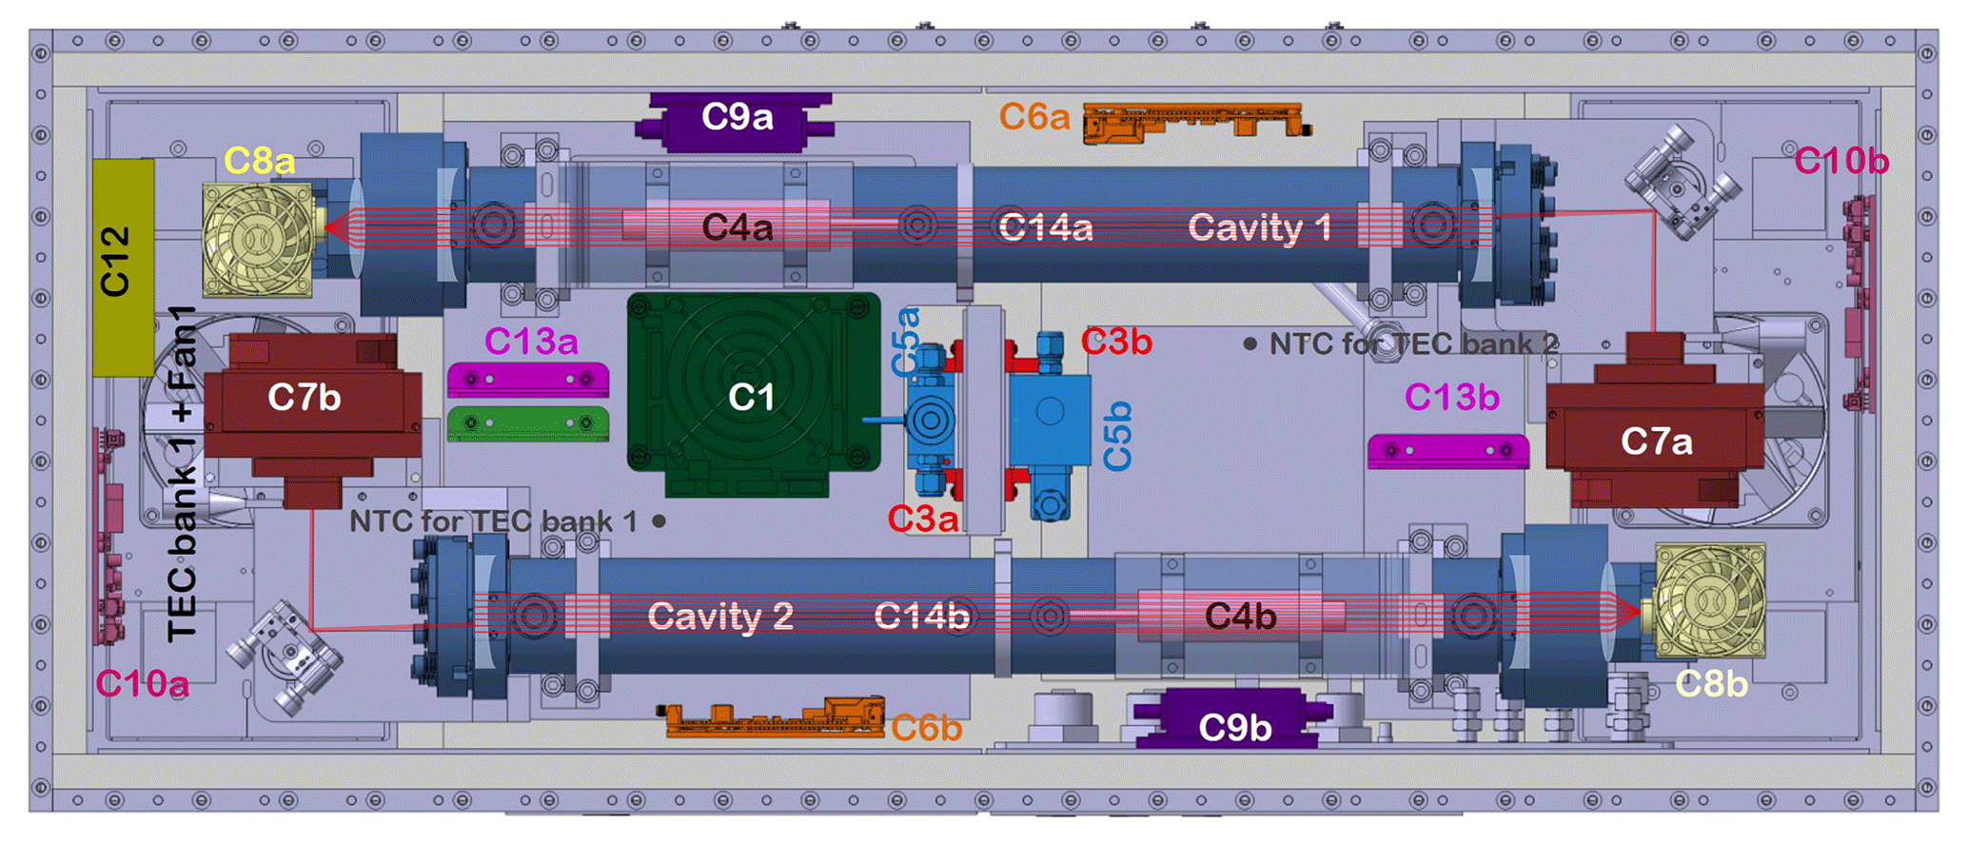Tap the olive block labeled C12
123,266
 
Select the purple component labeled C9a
738,119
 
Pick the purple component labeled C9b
1234,723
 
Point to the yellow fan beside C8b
1709,599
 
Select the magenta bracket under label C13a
528,380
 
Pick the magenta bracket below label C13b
1447,450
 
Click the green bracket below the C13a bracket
528,423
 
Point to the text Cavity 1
1258,228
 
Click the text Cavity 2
719,617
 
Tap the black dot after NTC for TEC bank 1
659,521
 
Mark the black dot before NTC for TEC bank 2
1250,343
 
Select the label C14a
1045,228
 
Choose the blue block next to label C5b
1050,419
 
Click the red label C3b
1115,341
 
